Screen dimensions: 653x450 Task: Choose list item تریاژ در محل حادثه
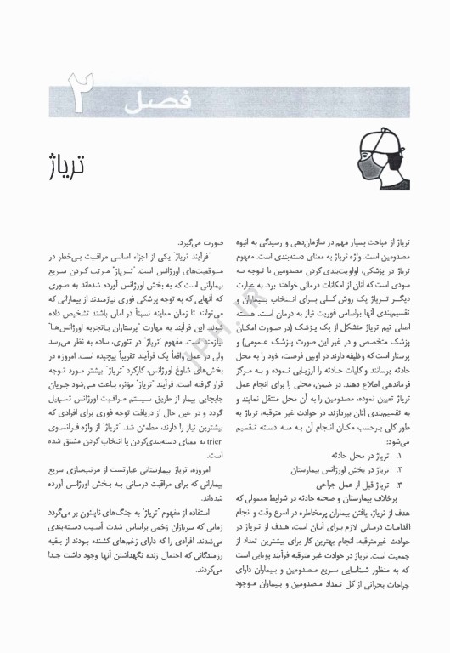point(359,455)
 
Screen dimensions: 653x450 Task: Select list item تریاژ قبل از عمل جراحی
point(352,483)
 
